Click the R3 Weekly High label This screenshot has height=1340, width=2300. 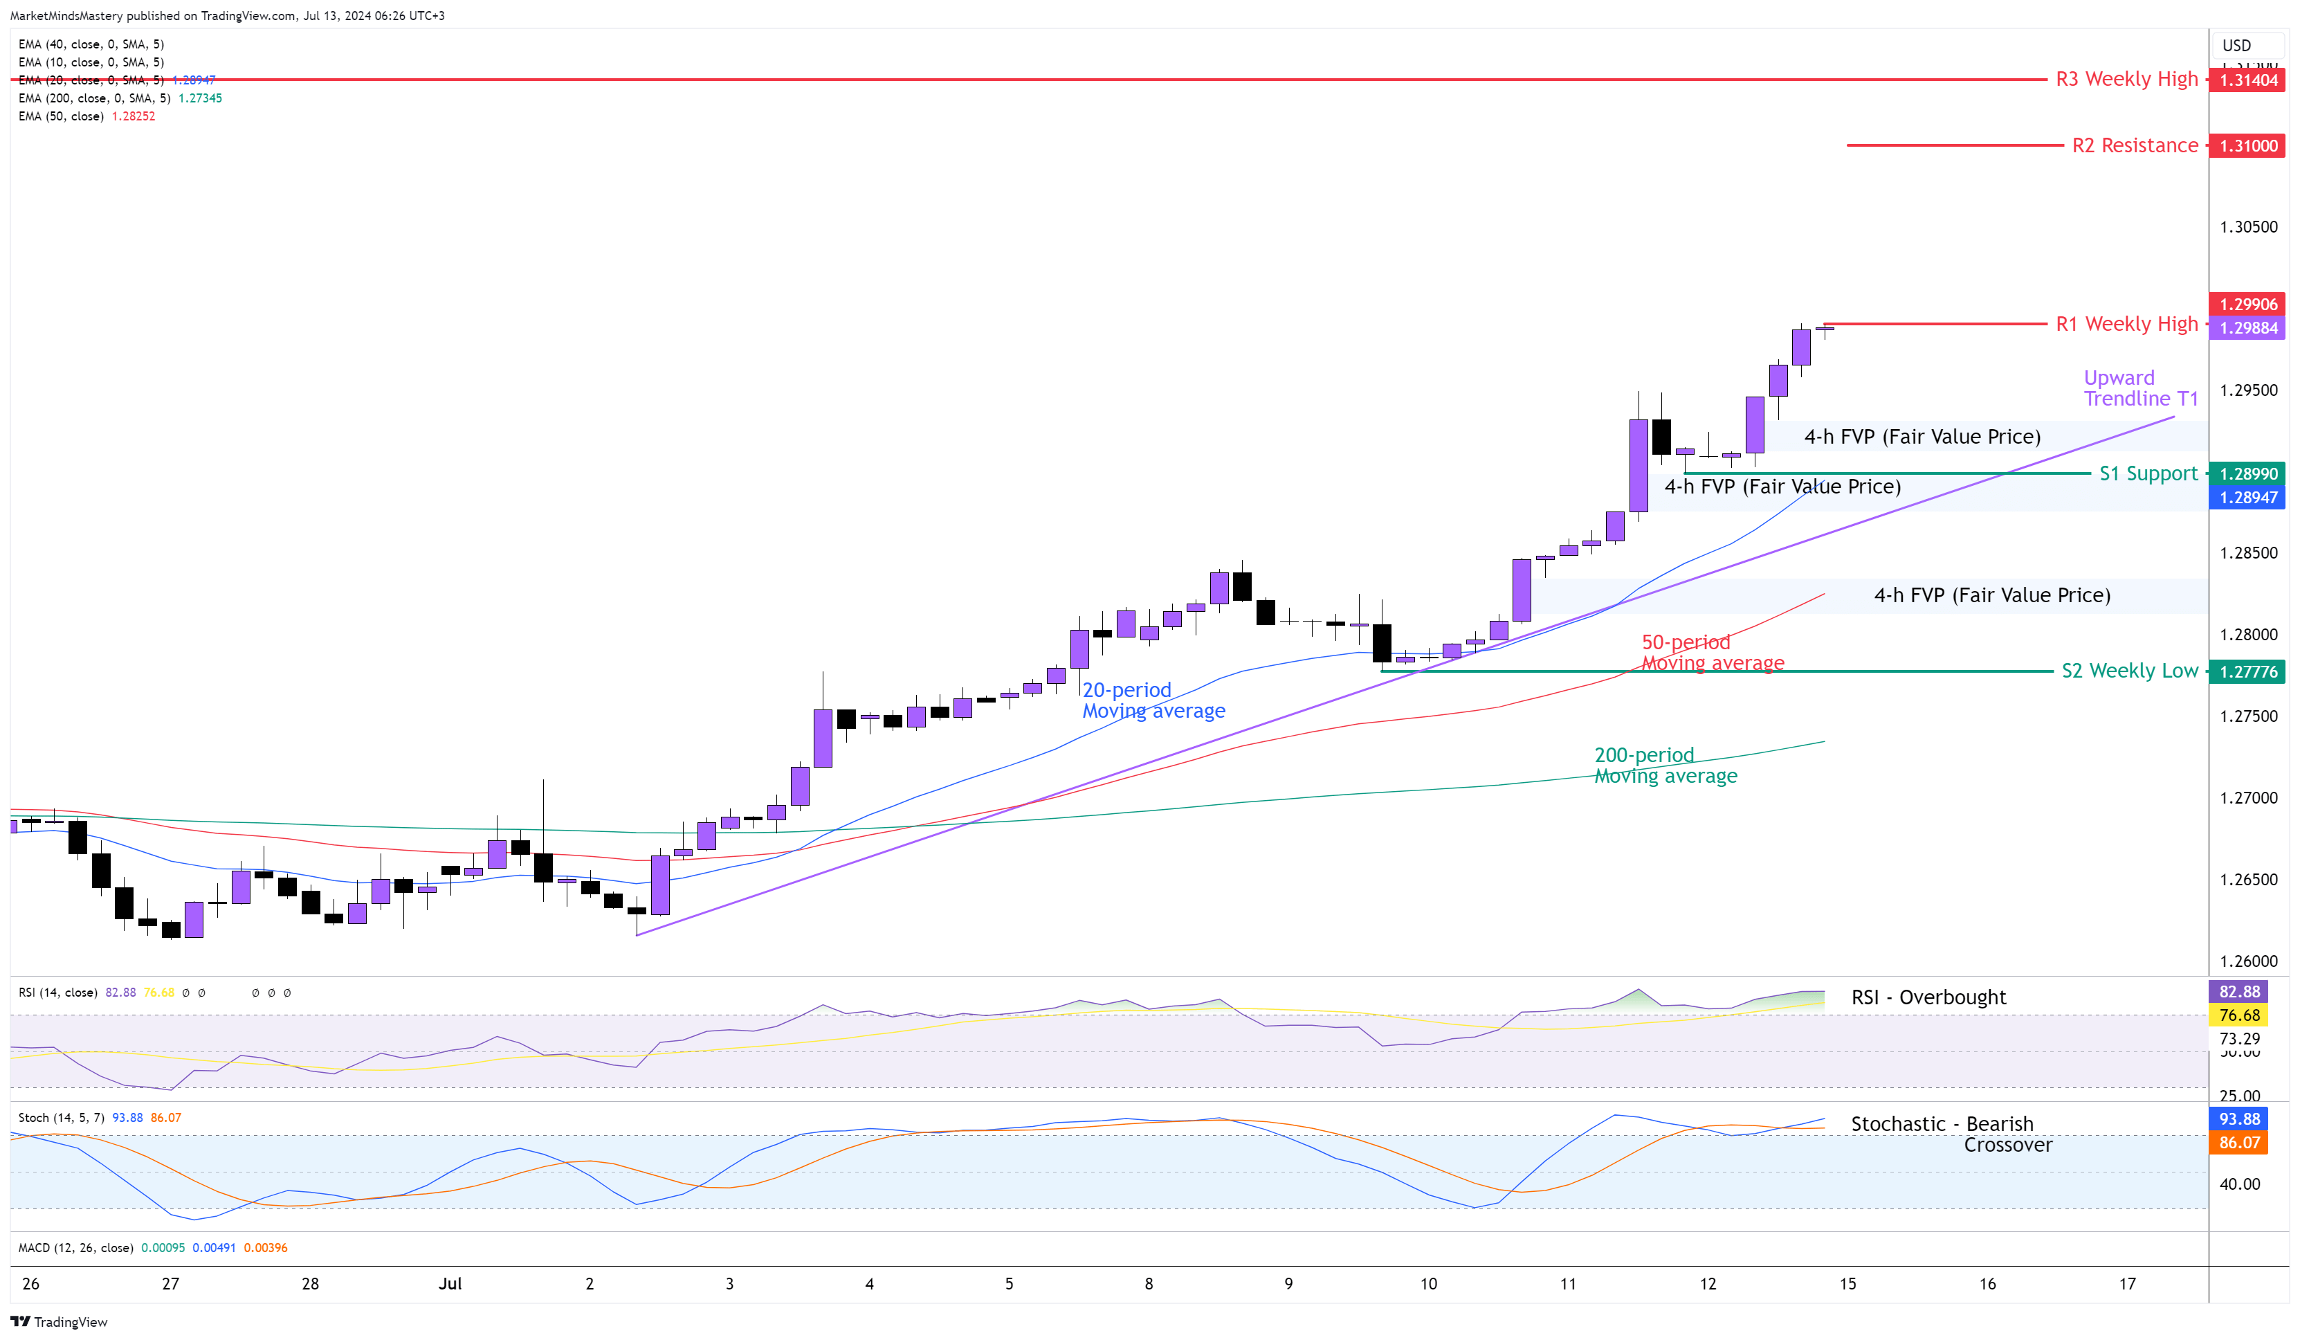(2126, 80)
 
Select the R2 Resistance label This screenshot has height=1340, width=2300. (2134, 145)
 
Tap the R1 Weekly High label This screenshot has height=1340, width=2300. (2126, 324)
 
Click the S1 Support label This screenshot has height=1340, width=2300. (2148, 473)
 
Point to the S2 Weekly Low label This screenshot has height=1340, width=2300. (2129, 671)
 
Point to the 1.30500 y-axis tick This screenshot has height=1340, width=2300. (2248, 226)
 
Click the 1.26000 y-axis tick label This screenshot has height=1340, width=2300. (2248, 961)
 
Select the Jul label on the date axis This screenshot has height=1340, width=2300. (450, 1283)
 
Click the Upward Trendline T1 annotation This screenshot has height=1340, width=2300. (2140, 388)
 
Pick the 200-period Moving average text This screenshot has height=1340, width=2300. (1665, 766)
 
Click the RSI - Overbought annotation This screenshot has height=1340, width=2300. (1928, 997)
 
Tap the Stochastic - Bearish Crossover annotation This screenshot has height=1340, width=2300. (1951, 1134)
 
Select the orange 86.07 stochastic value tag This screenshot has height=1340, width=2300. (2239, 1143)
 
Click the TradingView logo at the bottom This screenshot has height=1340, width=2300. (60, 1322)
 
